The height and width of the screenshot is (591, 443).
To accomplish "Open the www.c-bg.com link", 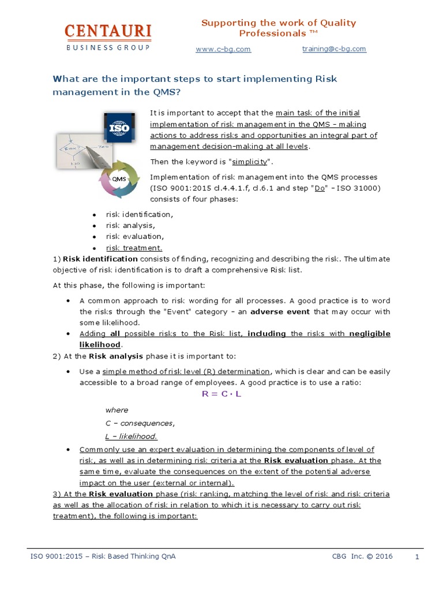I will tap(223, 49).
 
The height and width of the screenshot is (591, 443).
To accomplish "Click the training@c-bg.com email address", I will tap(334, 49).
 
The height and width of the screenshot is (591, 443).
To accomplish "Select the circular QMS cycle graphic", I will tap(119, 179).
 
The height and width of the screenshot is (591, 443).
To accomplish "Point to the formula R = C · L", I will tap(222, 394).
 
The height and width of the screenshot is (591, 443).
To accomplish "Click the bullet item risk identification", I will tap(139, 214).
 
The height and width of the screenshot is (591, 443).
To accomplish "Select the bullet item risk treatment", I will tap(134, 248).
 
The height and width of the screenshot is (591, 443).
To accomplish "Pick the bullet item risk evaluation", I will tap(135, 237).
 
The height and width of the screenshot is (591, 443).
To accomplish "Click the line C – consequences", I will tap(140, 423).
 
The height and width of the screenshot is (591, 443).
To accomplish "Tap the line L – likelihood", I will tap(131, 436).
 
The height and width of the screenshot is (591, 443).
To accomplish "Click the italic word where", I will tap(117, 410).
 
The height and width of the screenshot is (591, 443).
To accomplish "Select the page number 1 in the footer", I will tap(416, 557).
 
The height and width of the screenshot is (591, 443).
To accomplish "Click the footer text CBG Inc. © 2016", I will tap(362, 556).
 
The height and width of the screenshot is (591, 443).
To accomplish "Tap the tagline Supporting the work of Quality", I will tap(278, 23).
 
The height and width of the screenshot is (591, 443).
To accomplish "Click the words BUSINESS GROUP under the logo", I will tap(108, 47).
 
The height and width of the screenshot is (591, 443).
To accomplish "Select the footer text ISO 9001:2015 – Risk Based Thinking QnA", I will tap(103, 556).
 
